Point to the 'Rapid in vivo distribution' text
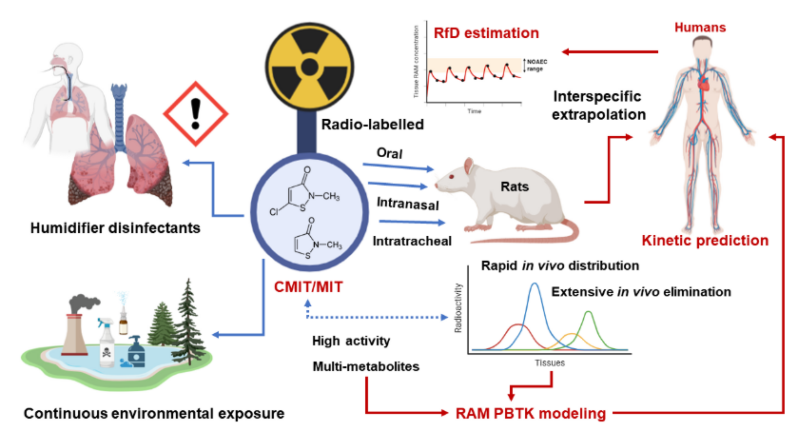tap(559, 265)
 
